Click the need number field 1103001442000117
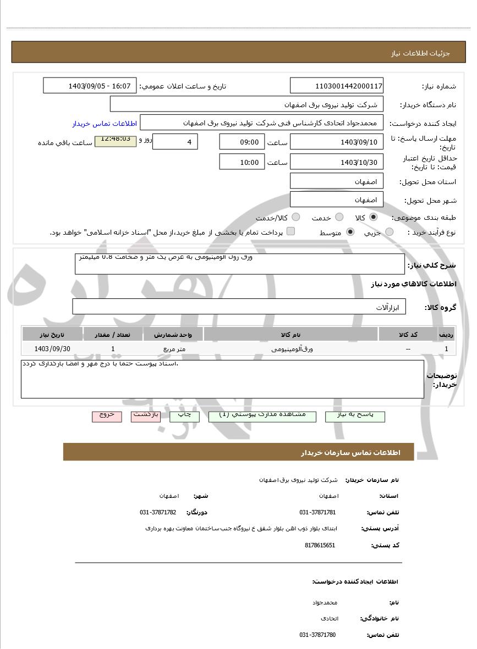(336, 86)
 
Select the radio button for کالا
(374, 217)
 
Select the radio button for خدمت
(339, 217)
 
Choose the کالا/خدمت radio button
(296, 217)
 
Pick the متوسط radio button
(350, 232)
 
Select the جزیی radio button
(389, 232)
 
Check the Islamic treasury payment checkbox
(290, 231)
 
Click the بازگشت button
(146, 415)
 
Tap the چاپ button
(184, 415)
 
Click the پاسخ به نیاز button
(355, 415)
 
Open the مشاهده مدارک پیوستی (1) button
(262, 415)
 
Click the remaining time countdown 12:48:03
(116, 140)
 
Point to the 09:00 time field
(242, 142)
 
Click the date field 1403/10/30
(336, 162)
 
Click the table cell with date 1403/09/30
(52, 348)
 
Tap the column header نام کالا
(290, 334)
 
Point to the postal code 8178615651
(320, 545)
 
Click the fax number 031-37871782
(158, 512)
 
